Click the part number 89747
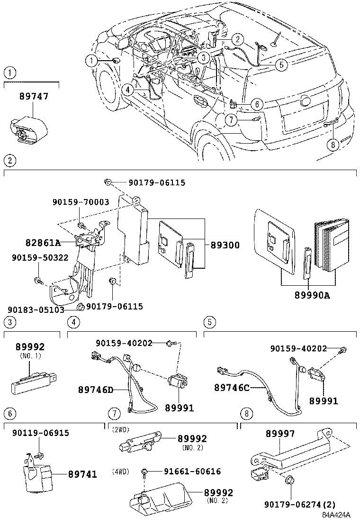click(x=34, y=97)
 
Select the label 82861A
click(x=43, y=243)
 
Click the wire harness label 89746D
click(x=96, y=390)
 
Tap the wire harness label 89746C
click(x=232, y=387)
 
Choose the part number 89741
click(x=82, y=474)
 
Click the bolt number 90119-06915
click(x=40, y=433)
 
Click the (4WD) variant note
click(x=121, y=472)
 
